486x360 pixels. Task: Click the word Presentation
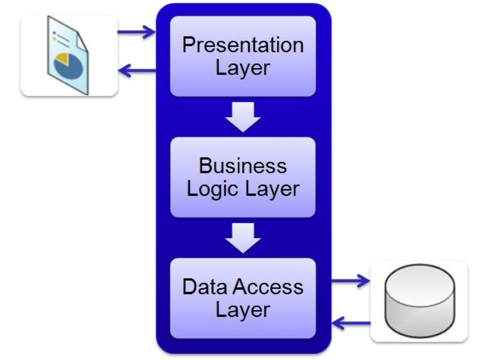click(243, 45)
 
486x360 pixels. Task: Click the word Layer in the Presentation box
click(242, 68)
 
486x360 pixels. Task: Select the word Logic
click(213, 189)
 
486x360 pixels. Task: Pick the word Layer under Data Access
click(242, 310)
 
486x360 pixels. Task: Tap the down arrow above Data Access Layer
click(243, 238)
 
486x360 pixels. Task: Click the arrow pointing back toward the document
click(137, 71)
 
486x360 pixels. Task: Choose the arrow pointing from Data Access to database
click(350, 280)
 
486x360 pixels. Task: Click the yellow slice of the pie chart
click(62, 58)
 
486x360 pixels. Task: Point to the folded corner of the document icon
click(82, 43)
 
